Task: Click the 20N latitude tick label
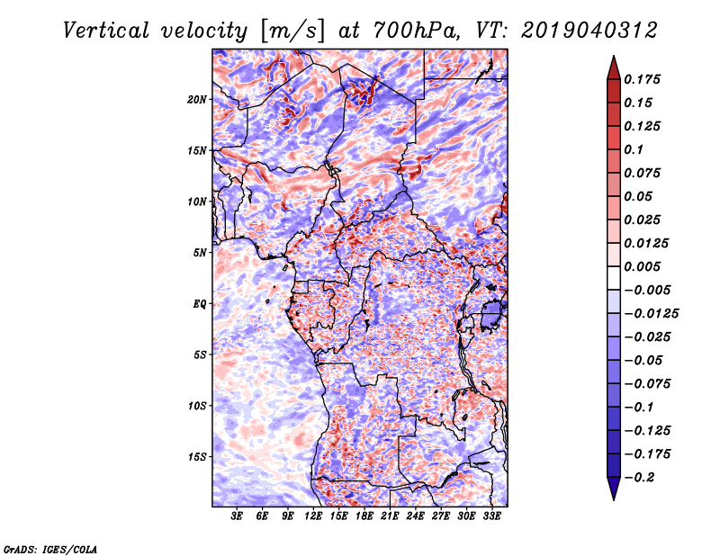[x=197, y=99]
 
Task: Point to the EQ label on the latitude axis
[x=200, y=304]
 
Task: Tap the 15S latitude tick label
[x=197, y=457]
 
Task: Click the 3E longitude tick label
[x=238, y=516]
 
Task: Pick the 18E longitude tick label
[x=364, y=516]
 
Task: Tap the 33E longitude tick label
[x=491, y=516]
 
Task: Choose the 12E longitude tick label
[x=314, y=516]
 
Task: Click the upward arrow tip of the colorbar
[x=613, y=58]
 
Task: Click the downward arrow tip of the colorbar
[x=613, y=497]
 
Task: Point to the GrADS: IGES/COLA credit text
[x=49, y=547]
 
